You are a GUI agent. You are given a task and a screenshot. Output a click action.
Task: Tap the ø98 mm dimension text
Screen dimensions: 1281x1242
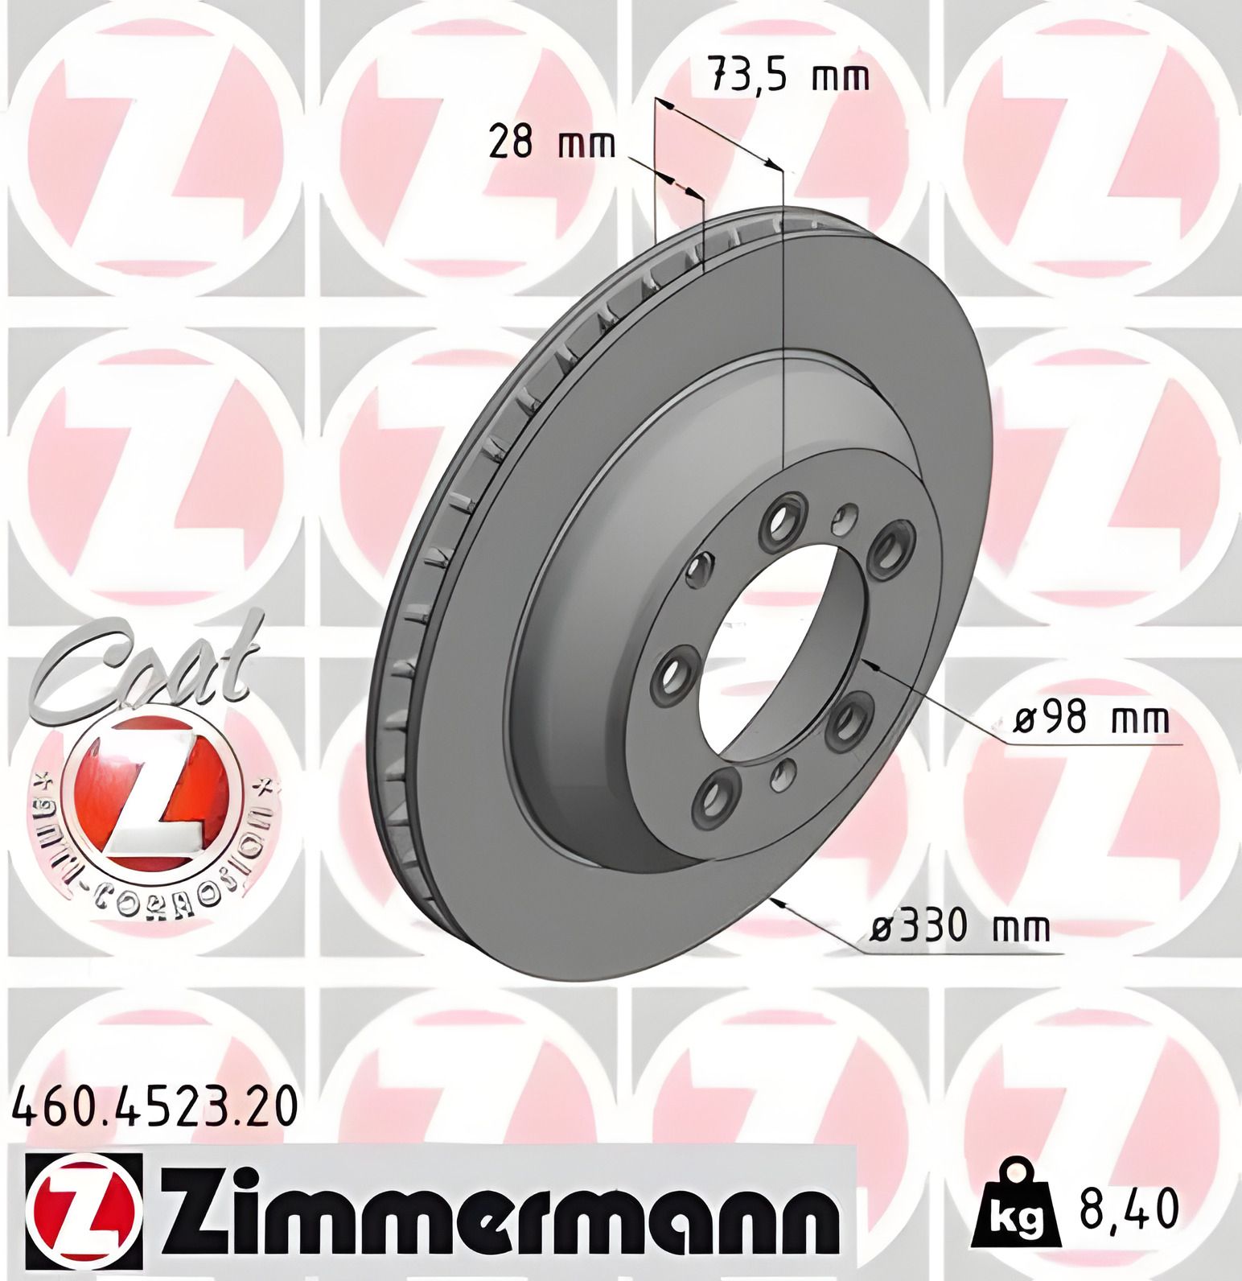click(x=1090, y=719)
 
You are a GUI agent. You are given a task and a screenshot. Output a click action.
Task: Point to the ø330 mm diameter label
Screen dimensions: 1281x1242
click(x=960, y=928)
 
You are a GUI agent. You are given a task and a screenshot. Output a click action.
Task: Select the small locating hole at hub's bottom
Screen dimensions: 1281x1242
click(x=781, y=775)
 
